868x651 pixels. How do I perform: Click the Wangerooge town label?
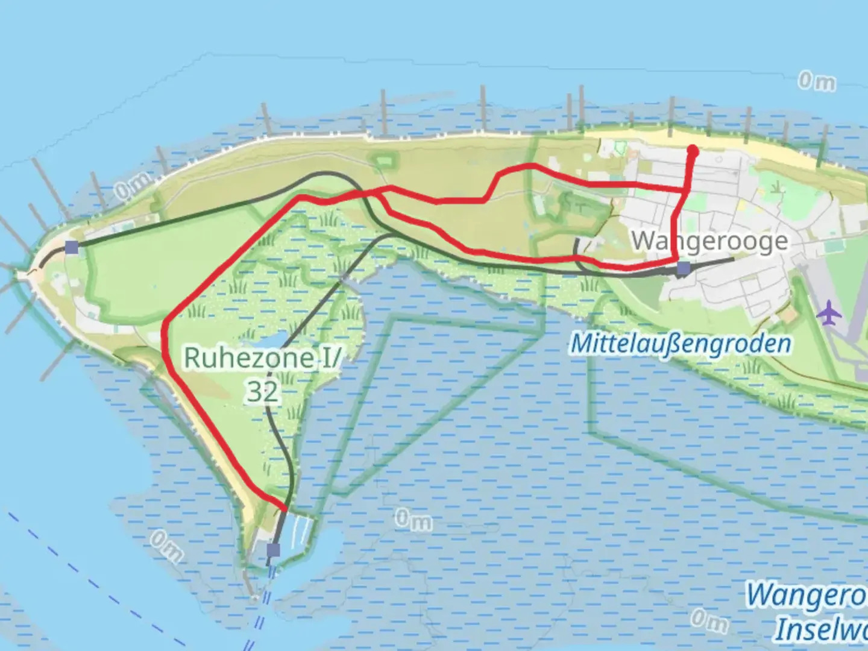[x=709, y=241]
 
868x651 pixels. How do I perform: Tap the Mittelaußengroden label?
[x=680, y=344]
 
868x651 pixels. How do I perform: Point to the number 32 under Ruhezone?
[x=263, y=392]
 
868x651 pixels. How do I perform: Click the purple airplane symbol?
[x=830, y=313]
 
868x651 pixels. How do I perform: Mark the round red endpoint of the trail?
[x=693, y=150]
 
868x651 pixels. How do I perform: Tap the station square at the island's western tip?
[x=72, y=247]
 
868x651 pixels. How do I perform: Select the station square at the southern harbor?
[x=274, y=550]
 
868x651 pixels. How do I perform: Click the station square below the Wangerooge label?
[x=683, y=268]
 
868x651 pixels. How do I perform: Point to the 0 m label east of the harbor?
[x=414, y=520]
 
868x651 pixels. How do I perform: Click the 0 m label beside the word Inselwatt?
[x=709, y=620]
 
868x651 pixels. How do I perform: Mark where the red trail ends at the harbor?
[x=284, y=511]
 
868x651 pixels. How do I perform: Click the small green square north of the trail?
[x=382, y=160]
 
